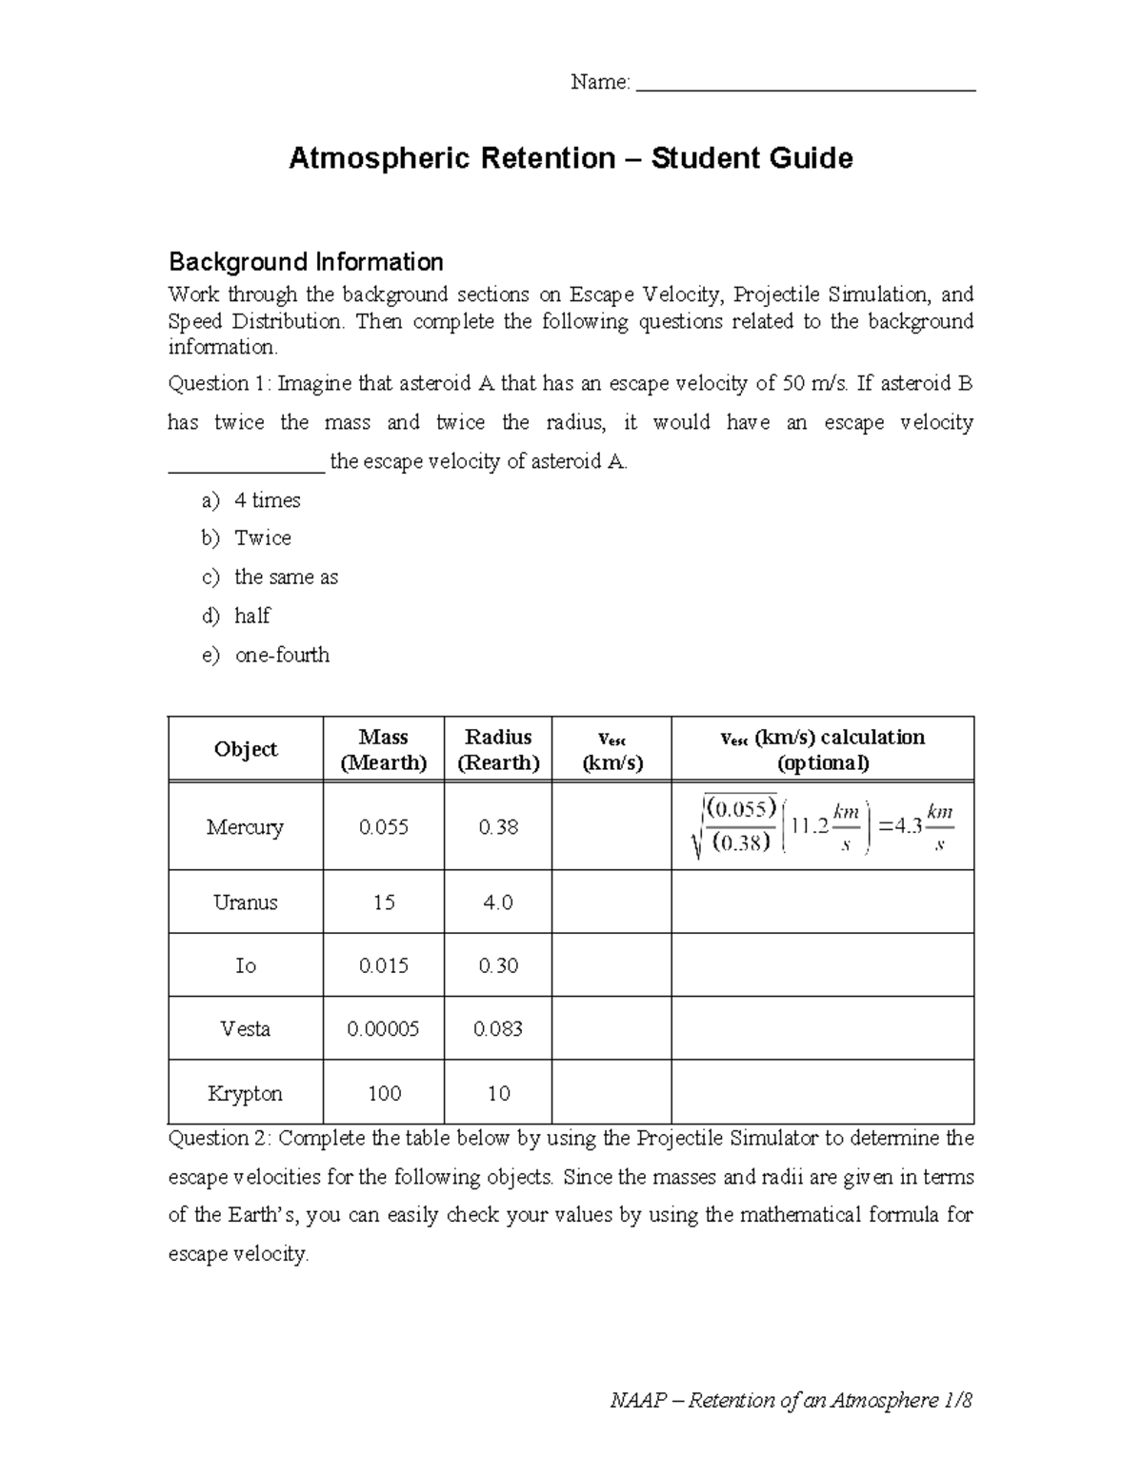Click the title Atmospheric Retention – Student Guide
tap(571, 158)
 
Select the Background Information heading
tap(306, 262)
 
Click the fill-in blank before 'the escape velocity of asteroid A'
tap(247, 463)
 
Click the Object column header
tap(246, 750)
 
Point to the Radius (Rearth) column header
tap(498, 750)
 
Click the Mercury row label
tap(246, 827)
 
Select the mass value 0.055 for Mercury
tap(384, 827)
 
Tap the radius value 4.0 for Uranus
tap(498, 902)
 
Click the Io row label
tap(246, 966)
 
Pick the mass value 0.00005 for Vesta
tap(384, 1029)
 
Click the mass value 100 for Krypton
tap(384, 1094)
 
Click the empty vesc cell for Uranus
tap(612, 902)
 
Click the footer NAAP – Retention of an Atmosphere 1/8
tap(791, 1401)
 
